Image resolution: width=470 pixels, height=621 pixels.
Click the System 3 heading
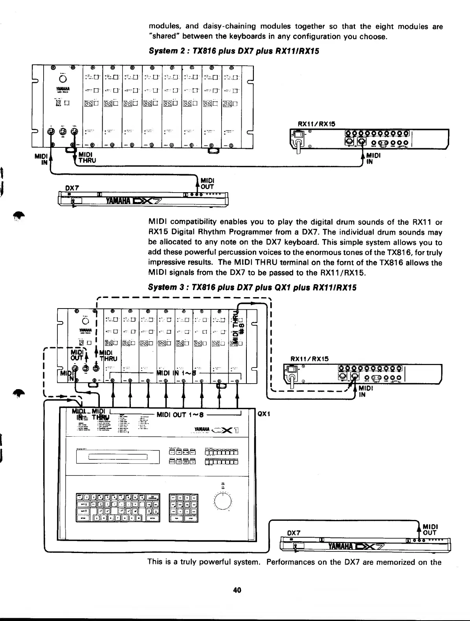coord(252,287)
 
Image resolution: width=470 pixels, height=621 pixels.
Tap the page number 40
coord(237,590)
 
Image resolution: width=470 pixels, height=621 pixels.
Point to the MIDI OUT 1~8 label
coord(180,414)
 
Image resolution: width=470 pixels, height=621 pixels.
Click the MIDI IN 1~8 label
coord(174,372)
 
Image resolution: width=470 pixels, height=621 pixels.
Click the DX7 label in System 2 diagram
coord(72,188)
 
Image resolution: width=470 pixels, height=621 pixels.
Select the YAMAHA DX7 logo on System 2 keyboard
coord(133,202)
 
